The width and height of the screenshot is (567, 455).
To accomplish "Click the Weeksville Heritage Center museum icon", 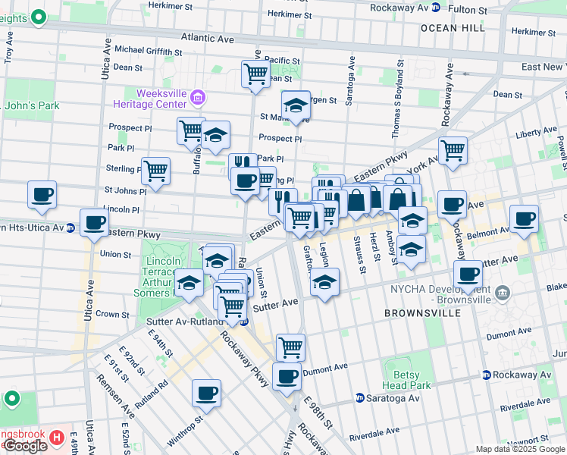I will pos(198,96).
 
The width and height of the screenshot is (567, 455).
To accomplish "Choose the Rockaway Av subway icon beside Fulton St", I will pos(435,9).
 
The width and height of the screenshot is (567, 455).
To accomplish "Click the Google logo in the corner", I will pos(24,446).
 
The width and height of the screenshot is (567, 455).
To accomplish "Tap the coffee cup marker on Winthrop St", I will pos(206,393).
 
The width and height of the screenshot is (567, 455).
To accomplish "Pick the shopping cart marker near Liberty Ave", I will pos(453,149).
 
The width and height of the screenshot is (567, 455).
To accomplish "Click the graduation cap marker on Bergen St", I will pos(296,105).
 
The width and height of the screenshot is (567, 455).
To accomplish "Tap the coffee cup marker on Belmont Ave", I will pos(524,218).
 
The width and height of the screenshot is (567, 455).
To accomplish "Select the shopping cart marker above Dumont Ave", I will pos(290,347).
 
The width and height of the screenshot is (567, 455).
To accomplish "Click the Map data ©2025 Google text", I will pos(520,449).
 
